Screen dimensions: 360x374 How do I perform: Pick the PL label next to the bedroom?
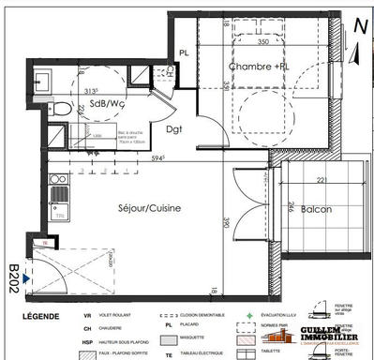[184, 52]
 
